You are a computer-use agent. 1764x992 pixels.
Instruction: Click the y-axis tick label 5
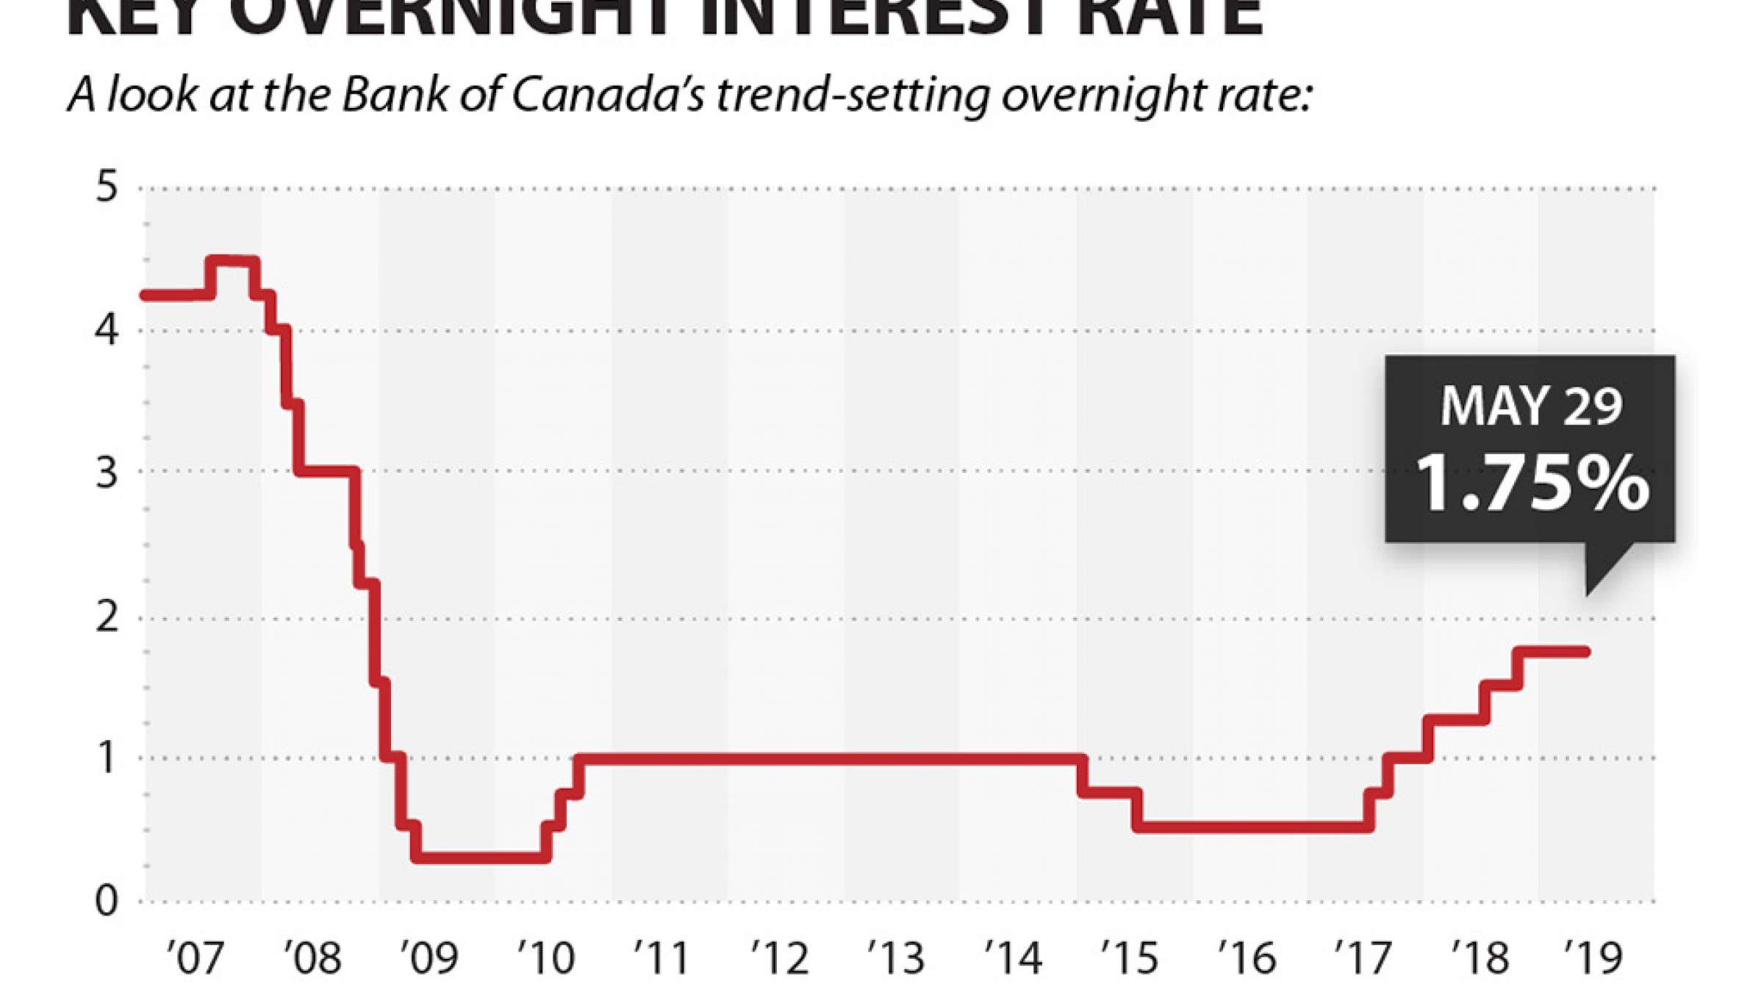[107, 187]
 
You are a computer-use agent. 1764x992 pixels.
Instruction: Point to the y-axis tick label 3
[107, 472]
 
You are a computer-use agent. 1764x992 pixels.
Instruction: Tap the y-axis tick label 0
[107, 900]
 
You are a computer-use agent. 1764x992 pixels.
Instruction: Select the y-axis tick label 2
[107, 616]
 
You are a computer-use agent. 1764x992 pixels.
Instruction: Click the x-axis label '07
[195, 957]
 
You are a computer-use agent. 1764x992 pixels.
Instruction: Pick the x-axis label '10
[546, 957]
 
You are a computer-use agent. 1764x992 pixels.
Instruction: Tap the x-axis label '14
[1014, 957]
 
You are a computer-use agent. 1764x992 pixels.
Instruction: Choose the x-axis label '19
[1593, 957]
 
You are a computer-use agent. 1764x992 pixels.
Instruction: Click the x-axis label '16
[1247, 957]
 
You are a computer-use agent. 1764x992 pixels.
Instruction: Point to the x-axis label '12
[780, 957]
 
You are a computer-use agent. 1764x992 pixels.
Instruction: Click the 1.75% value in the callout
[1532, 483]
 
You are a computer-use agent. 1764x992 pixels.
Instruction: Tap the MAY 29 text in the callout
[1531, 406]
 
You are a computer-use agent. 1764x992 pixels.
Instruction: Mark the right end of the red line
[1586, 652]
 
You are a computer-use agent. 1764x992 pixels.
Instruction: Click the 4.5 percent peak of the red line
[232, 261]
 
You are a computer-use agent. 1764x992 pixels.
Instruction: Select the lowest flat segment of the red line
[481, 857]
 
